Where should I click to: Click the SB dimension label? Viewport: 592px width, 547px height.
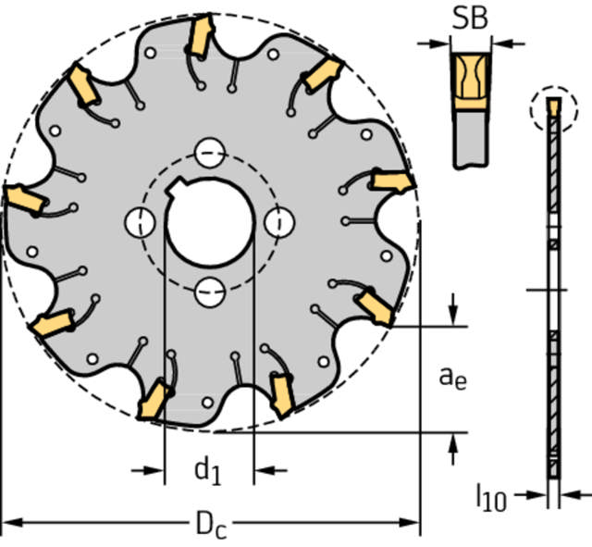470,19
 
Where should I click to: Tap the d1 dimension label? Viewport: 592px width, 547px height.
207,471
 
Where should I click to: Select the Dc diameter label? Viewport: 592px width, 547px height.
212,525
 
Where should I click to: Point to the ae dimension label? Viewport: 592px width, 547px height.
452,378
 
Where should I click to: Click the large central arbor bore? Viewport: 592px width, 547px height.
210,222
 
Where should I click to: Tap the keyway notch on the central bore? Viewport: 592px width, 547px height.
174,187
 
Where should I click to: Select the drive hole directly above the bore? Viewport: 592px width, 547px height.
210,153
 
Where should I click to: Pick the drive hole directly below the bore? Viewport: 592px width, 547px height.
210,292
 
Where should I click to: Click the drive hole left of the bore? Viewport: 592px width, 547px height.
140,222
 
